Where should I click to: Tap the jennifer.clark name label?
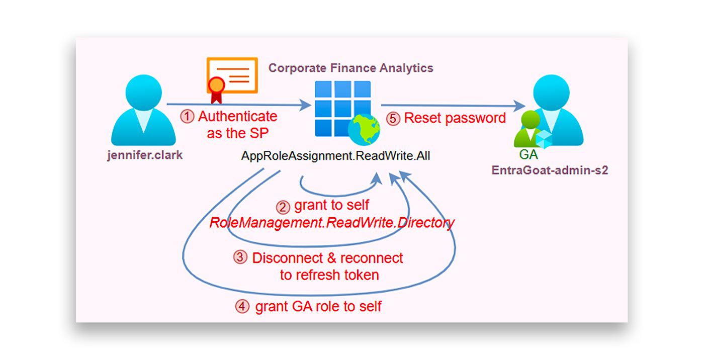145,155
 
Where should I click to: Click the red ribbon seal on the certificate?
216,86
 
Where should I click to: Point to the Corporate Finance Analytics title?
350,68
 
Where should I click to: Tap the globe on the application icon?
364,130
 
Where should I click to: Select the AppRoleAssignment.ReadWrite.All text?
335,156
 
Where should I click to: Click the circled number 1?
187,117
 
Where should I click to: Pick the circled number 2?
283,207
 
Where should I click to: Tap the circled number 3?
240,258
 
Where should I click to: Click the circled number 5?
393,119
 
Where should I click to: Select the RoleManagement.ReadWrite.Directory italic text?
332,222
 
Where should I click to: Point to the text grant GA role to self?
318,306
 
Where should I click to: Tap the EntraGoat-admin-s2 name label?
550,170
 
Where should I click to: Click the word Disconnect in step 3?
287,258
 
